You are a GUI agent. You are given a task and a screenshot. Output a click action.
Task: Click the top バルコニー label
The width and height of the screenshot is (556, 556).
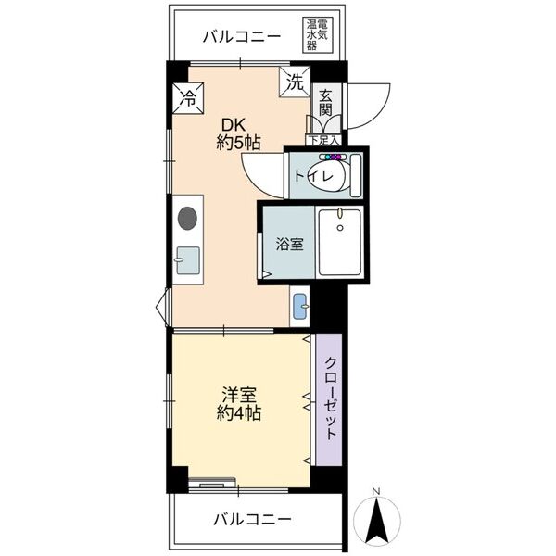[x=240, y=37]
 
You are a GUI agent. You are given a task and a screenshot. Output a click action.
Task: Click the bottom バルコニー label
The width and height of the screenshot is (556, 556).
[x=252, y=518]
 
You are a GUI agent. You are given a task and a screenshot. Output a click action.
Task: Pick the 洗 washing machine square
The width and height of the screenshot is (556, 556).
[x=295, y=81]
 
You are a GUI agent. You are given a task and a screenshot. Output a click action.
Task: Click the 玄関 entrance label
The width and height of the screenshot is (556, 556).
[x=325, y=103]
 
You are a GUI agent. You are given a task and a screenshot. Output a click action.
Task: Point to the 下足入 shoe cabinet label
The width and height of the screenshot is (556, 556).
[x=323, y=141]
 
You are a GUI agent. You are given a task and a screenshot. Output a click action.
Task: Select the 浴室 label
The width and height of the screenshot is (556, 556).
[x=288, y=245]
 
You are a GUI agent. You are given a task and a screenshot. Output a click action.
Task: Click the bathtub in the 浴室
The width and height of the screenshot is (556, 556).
[x=339, y=243]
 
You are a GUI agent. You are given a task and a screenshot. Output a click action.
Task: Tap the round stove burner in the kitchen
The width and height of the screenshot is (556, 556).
[x=187, y=220]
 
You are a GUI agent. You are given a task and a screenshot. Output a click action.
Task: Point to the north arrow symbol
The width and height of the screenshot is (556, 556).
[x=376, y=523]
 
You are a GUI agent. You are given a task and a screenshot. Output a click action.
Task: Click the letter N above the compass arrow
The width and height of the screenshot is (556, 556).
[x=376, y=491]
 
